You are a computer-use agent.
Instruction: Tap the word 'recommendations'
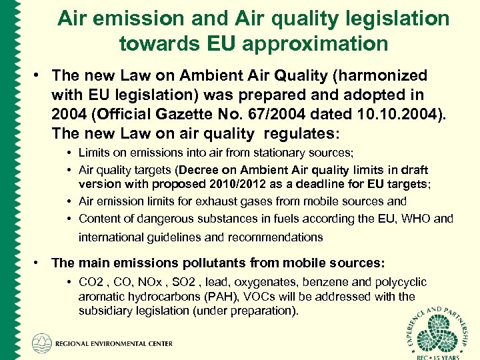(x=276, y=237)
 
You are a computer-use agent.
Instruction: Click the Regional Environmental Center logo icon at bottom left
(x=42, y=343)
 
